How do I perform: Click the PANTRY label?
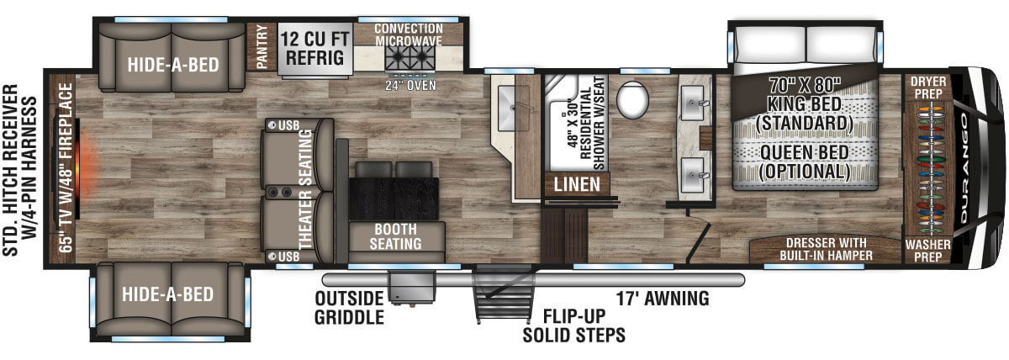click(x=259, y=47)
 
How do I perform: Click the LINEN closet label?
click(x=576, y=183)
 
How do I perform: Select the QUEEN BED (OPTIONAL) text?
click(x=804, y=162)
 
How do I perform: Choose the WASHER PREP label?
click(x=927, y=249)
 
